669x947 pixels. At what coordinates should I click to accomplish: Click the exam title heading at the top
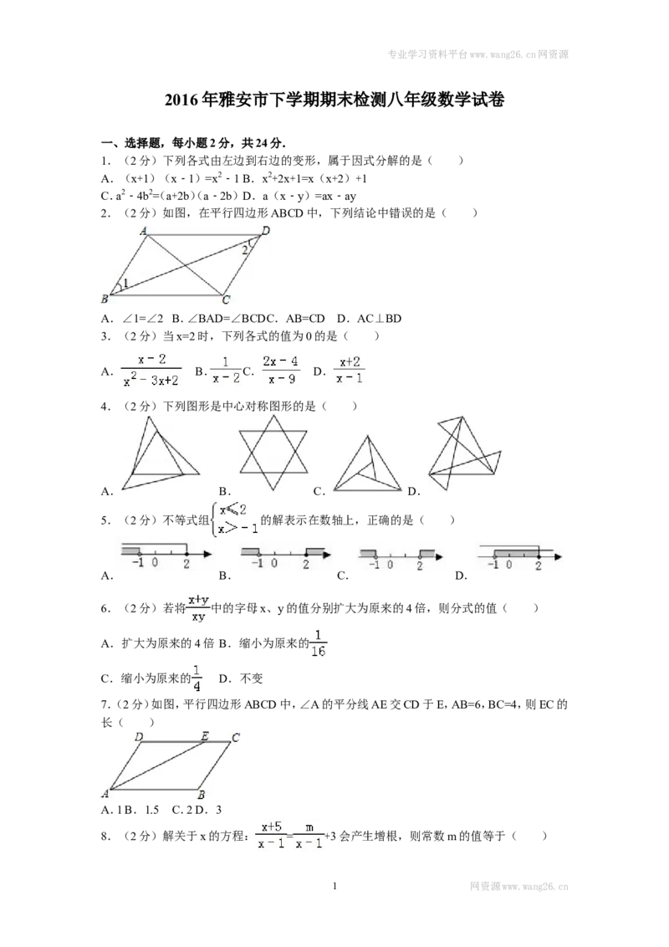(334, 100)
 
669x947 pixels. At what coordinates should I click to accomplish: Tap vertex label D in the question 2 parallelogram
(266, 230)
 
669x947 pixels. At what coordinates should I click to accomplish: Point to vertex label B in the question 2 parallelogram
(105, 299)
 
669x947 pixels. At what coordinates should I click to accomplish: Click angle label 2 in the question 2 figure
(244, 249)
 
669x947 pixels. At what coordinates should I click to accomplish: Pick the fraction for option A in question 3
(151, 370)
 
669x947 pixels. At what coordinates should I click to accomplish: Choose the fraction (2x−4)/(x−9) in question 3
(280, 370)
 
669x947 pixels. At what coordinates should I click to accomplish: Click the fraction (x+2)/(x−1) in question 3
(350, 370)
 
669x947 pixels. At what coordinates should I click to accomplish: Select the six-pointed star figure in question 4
(273, 453)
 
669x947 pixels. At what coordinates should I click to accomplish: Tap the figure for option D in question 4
(464, 453)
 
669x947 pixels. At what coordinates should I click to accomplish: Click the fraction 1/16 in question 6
(319, 644)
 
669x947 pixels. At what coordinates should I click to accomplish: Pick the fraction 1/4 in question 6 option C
(197, 678)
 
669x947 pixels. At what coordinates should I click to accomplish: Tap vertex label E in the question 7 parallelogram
(205, 736)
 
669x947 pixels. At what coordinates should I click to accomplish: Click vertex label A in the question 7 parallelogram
(105, 793)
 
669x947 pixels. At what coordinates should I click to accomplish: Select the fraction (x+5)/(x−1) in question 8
(271, 835)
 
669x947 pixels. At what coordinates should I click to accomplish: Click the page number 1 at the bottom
(334, 886)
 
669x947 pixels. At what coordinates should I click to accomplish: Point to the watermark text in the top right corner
(477, 54)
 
